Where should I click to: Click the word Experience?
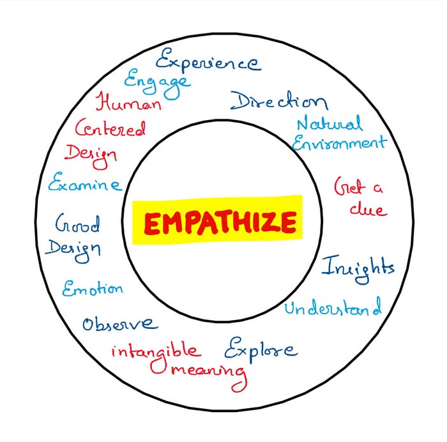coord(208,62)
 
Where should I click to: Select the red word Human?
coord(128,102)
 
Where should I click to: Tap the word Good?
coord(78,224)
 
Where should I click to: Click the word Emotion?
coord(93,288)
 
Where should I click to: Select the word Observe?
coord(119,323)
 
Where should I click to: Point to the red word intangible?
coord(155,351)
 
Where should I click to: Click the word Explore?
coord(261,349)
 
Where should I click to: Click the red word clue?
coord(368,208)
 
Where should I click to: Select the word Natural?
coord(330,123)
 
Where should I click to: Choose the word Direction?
coord(279,101)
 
